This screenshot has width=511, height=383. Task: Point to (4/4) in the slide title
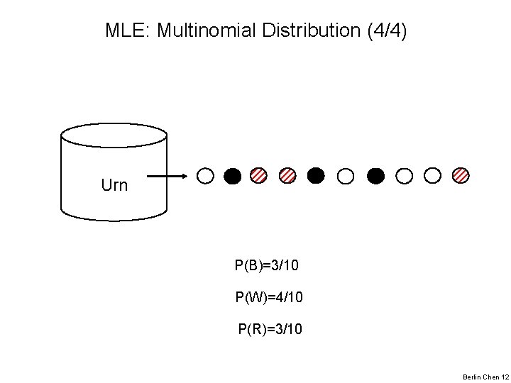(385, 30)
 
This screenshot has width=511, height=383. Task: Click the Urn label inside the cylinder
(114, 186)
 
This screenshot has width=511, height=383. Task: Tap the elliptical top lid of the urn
(114, 134)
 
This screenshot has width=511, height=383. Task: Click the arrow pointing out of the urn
(167, 175)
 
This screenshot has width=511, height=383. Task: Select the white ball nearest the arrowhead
(204, 175)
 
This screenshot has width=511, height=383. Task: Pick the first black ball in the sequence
(232, 175)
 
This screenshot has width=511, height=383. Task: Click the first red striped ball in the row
(260, 175)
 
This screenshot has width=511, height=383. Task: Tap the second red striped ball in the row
(287, 175)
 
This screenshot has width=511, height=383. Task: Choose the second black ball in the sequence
(316, 175)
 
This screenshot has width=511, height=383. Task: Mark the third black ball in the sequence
(376, 175)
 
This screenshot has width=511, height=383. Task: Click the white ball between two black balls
(346, 175)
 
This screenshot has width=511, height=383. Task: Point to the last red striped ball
(461, 175)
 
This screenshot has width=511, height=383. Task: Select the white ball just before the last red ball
(432, 175)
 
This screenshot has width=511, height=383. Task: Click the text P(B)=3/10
(267, 266)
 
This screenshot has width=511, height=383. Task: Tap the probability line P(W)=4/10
(269, 297)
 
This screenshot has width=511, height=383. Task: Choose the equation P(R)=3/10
(270, 328)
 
